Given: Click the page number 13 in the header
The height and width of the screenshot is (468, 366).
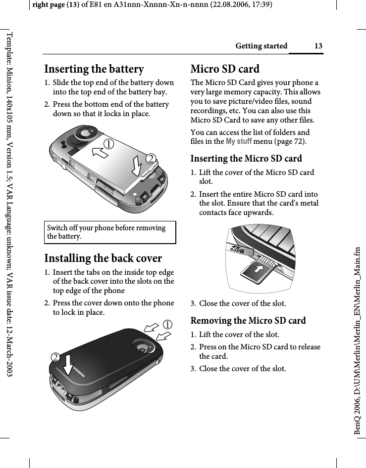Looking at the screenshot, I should (x=318, y=46).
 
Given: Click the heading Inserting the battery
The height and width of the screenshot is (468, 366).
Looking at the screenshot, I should (x=94, y=69).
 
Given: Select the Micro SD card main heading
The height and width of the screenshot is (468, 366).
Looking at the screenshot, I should (x=225, y=69).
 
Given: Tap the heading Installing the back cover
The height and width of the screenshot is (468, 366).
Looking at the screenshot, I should (x=103, y=258).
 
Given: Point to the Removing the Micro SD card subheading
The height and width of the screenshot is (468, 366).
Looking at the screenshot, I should (x=248, y=320).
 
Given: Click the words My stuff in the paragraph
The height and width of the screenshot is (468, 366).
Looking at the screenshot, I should (x=238, y=142).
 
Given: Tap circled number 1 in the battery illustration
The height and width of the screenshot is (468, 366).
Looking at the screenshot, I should (x=119, y=144).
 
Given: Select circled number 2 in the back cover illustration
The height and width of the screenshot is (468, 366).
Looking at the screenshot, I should (x=58, y=356).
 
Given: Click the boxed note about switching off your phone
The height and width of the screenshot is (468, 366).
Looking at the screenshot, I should (x=110, y=232).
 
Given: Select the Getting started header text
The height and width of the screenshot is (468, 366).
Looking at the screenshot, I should (x=261, y=46).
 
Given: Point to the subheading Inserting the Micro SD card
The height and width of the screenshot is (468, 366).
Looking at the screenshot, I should (x=246, y=159).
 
